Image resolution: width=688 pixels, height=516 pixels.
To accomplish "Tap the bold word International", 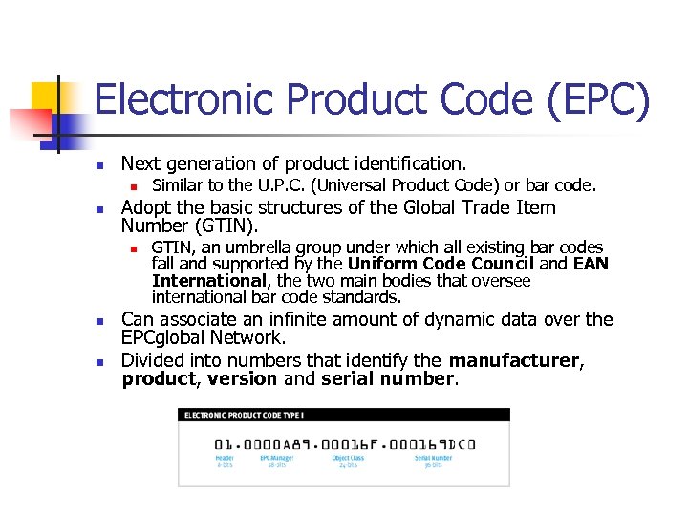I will coord(208,281).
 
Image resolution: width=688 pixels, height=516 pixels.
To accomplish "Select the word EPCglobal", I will coord(169,338).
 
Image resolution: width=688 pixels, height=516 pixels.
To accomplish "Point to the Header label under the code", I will coord(224,458).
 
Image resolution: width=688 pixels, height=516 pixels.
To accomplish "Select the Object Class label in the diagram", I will coord(348,458).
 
